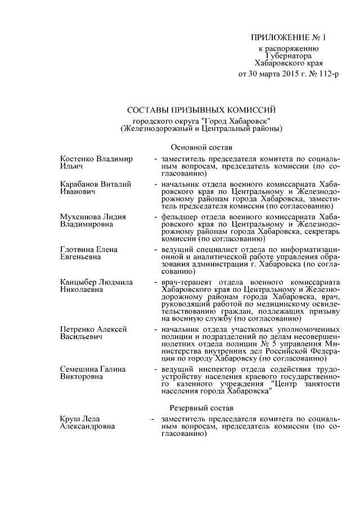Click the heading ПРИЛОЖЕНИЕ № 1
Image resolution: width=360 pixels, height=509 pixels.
[x=288, y=38]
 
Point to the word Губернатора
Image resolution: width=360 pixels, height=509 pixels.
[x=288, y=56]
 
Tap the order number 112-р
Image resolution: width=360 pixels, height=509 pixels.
[x=327, y=74]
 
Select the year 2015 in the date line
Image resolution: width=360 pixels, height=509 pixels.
[x=287, y=74]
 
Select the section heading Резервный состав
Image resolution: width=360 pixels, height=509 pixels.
[x=201, y=407]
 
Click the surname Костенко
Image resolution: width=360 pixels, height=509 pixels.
[x=76, y=159]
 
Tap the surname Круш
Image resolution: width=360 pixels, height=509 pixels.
[x=69, y=419]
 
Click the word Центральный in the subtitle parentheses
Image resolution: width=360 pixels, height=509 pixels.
[x=229, y=128]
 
